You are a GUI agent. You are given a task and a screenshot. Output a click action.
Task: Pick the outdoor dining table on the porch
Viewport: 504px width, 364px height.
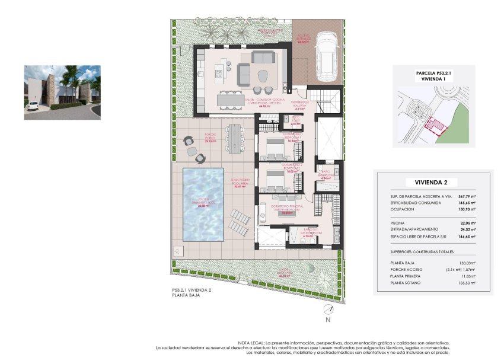pyautogui.click(x=238, y=139)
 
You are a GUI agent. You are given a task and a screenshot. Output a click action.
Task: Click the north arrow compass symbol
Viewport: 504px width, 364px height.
pyautogui.click(x=328, y=309)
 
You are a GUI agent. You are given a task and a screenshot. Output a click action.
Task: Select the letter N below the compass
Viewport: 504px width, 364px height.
pyautogui.click(x=328, y=320)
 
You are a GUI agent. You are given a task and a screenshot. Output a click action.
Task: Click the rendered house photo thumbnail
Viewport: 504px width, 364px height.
pyautogui.click(x=62, y=92)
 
